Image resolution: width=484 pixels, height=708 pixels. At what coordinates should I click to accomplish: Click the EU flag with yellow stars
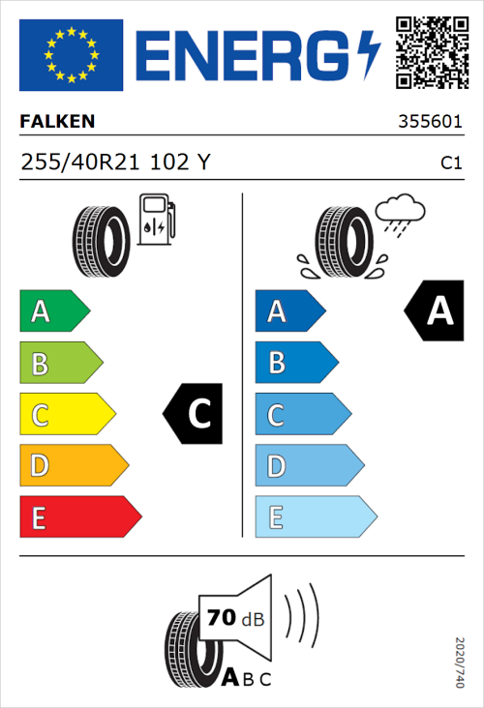71,55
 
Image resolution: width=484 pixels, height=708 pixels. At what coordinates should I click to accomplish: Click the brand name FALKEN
57,123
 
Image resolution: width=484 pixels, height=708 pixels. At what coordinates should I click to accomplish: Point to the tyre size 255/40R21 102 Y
114,162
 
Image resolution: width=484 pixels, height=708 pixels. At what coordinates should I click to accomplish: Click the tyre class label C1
450,163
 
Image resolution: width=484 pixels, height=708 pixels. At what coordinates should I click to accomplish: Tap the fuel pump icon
156,220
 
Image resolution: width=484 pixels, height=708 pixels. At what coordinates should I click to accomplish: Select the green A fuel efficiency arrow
53,311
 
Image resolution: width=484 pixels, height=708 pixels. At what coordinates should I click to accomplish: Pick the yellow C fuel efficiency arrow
66,415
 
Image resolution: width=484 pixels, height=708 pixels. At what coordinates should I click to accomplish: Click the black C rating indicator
195,414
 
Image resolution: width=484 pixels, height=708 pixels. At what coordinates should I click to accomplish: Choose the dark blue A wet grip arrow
288,311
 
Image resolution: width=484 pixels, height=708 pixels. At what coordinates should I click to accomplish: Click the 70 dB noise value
232,617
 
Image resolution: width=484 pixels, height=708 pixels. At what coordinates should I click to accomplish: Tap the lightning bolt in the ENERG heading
369,55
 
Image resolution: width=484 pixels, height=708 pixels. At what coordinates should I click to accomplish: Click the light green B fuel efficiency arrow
60,364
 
